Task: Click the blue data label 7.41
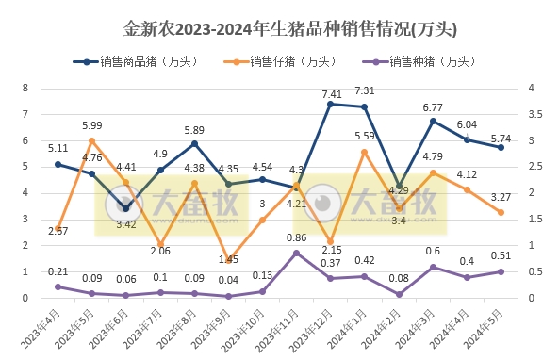(x=331, y=94)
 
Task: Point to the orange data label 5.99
(x=91, y=125)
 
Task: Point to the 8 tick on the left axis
(x=25, y=88)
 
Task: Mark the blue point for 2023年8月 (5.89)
(x=194, y=144)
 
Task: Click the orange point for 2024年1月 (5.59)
(x=365, y=152)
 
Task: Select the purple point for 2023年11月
(x=296, y=253)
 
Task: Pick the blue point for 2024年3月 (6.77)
(x=433, y=121)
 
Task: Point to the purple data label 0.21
(x=58, y=271)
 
